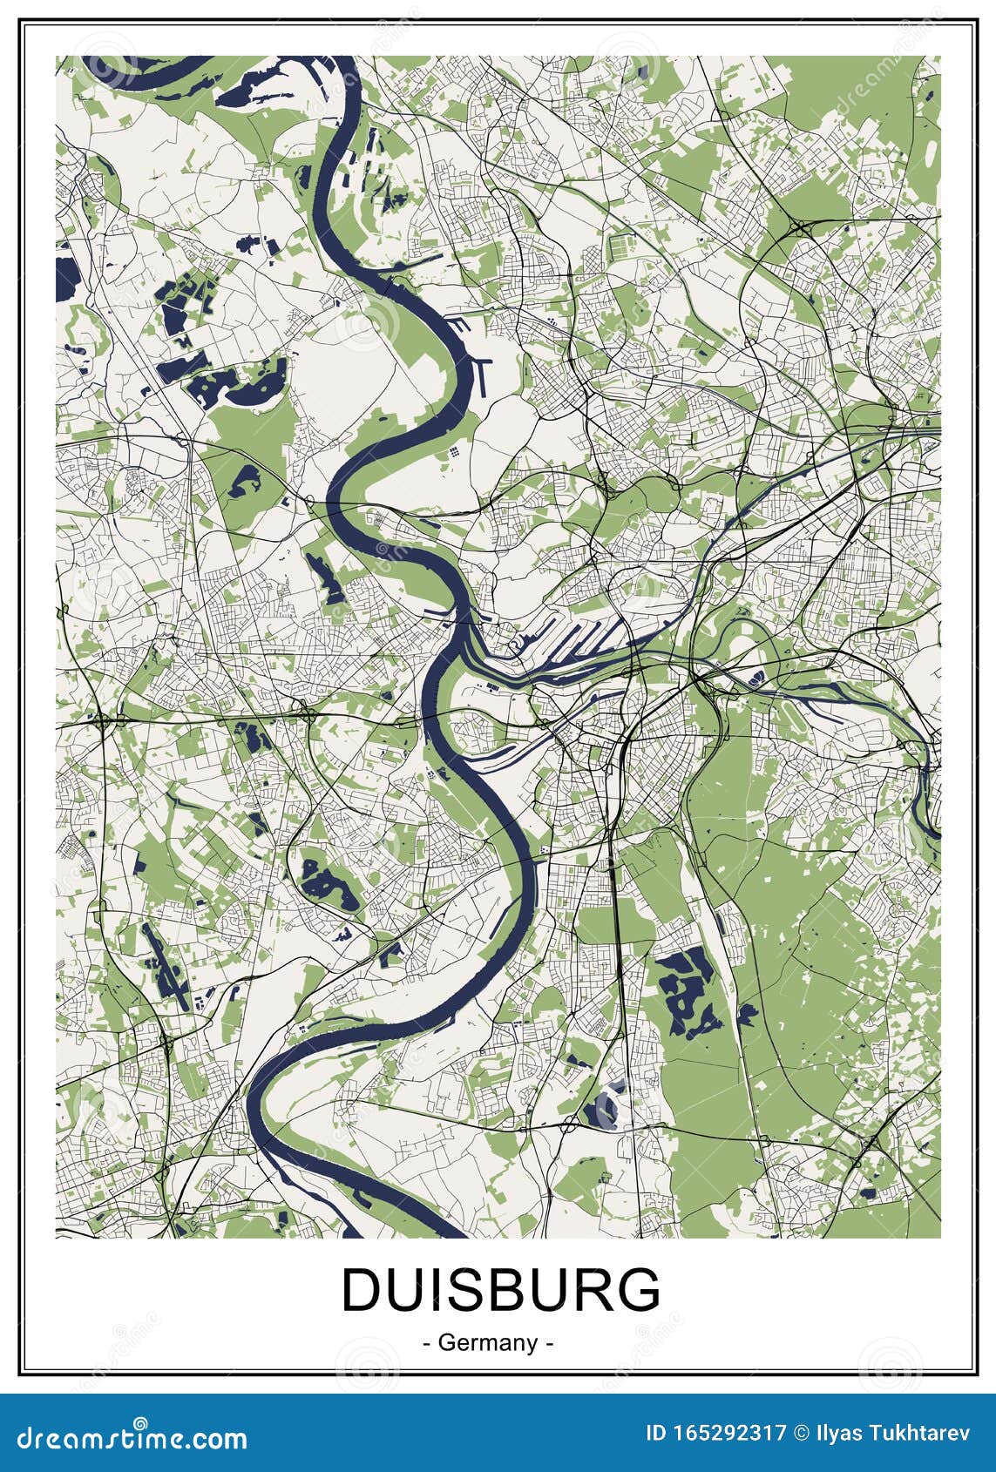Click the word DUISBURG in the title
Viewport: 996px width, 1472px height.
[500, 1290]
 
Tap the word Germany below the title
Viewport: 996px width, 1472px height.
[487, 1342]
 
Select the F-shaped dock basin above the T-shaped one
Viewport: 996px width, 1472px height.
[460, 324]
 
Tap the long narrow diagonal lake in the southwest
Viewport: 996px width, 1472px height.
[166, 963]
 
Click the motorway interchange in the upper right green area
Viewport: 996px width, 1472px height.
[800, 229]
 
